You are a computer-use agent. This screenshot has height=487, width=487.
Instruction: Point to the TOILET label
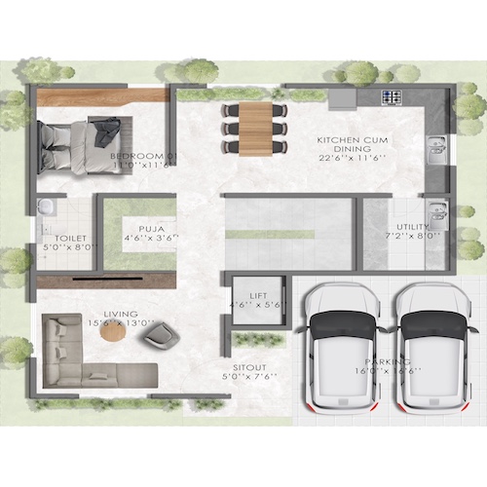pos(70,238)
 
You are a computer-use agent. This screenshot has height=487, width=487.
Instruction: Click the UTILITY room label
pos(413,226)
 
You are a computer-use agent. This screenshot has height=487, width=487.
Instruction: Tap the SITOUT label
pos(248,367)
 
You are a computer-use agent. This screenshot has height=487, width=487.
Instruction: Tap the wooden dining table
pos(256,127)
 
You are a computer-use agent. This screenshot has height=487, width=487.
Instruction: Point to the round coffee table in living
pos(113,332)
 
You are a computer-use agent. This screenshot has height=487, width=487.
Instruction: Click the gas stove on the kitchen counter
pos(392,97)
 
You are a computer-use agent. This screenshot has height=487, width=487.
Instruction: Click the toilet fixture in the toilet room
pos(46,207)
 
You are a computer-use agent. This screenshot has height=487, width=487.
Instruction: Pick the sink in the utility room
pos(437,210)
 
